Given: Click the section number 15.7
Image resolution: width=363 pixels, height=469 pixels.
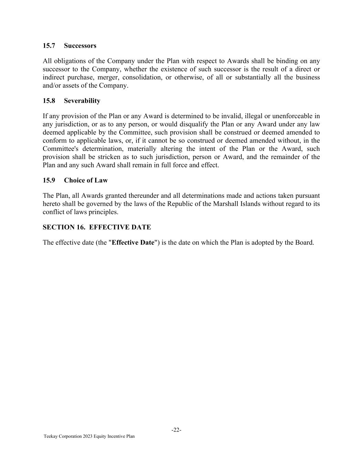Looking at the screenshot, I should point(49,46).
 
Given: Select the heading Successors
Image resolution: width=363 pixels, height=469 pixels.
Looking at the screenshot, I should point(80,46).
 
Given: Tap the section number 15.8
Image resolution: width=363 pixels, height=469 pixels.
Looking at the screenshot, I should point(49,101).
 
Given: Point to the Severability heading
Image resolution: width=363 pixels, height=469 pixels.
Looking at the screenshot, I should point(82,101).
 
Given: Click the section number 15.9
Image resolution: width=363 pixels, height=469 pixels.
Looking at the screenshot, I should point(49,180).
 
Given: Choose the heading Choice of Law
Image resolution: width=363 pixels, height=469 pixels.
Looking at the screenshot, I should point(86,180).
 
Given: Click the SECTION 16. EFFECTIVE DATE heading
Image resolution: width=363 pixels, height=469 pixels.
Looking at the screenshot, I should point(97,227).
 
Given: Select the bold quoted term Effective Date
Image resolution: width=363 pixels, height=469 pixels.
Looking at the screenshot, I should point(133,243).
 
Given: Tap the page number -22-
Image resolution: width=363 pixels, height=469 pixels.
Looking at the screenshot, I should point(177,430).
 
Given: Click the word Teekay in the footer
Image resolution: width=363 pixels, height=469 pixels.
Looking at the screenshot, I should point(50,436).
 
